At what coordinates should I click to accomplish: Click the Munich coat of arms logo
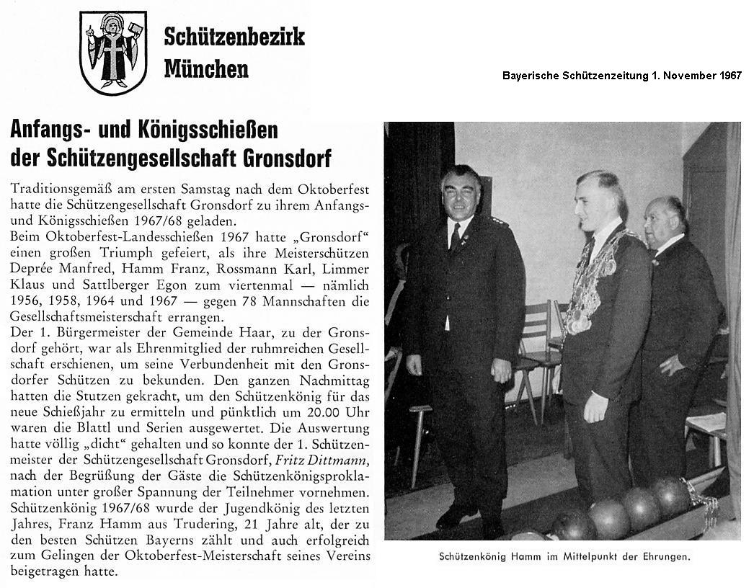tap(113, 53)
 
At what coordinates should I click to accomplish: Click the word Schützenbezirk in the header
tap(234, 35)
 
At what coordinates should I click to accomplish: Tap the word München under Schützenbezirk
tap(206, 68)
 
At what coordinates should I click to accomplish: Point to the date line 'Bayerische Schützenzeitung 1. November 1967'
tap(622, 76)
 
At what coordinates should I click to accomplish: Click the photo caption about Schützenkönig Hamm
tap(564, 556)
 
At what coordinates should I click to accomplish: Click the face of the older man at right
tap(665, 222)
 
